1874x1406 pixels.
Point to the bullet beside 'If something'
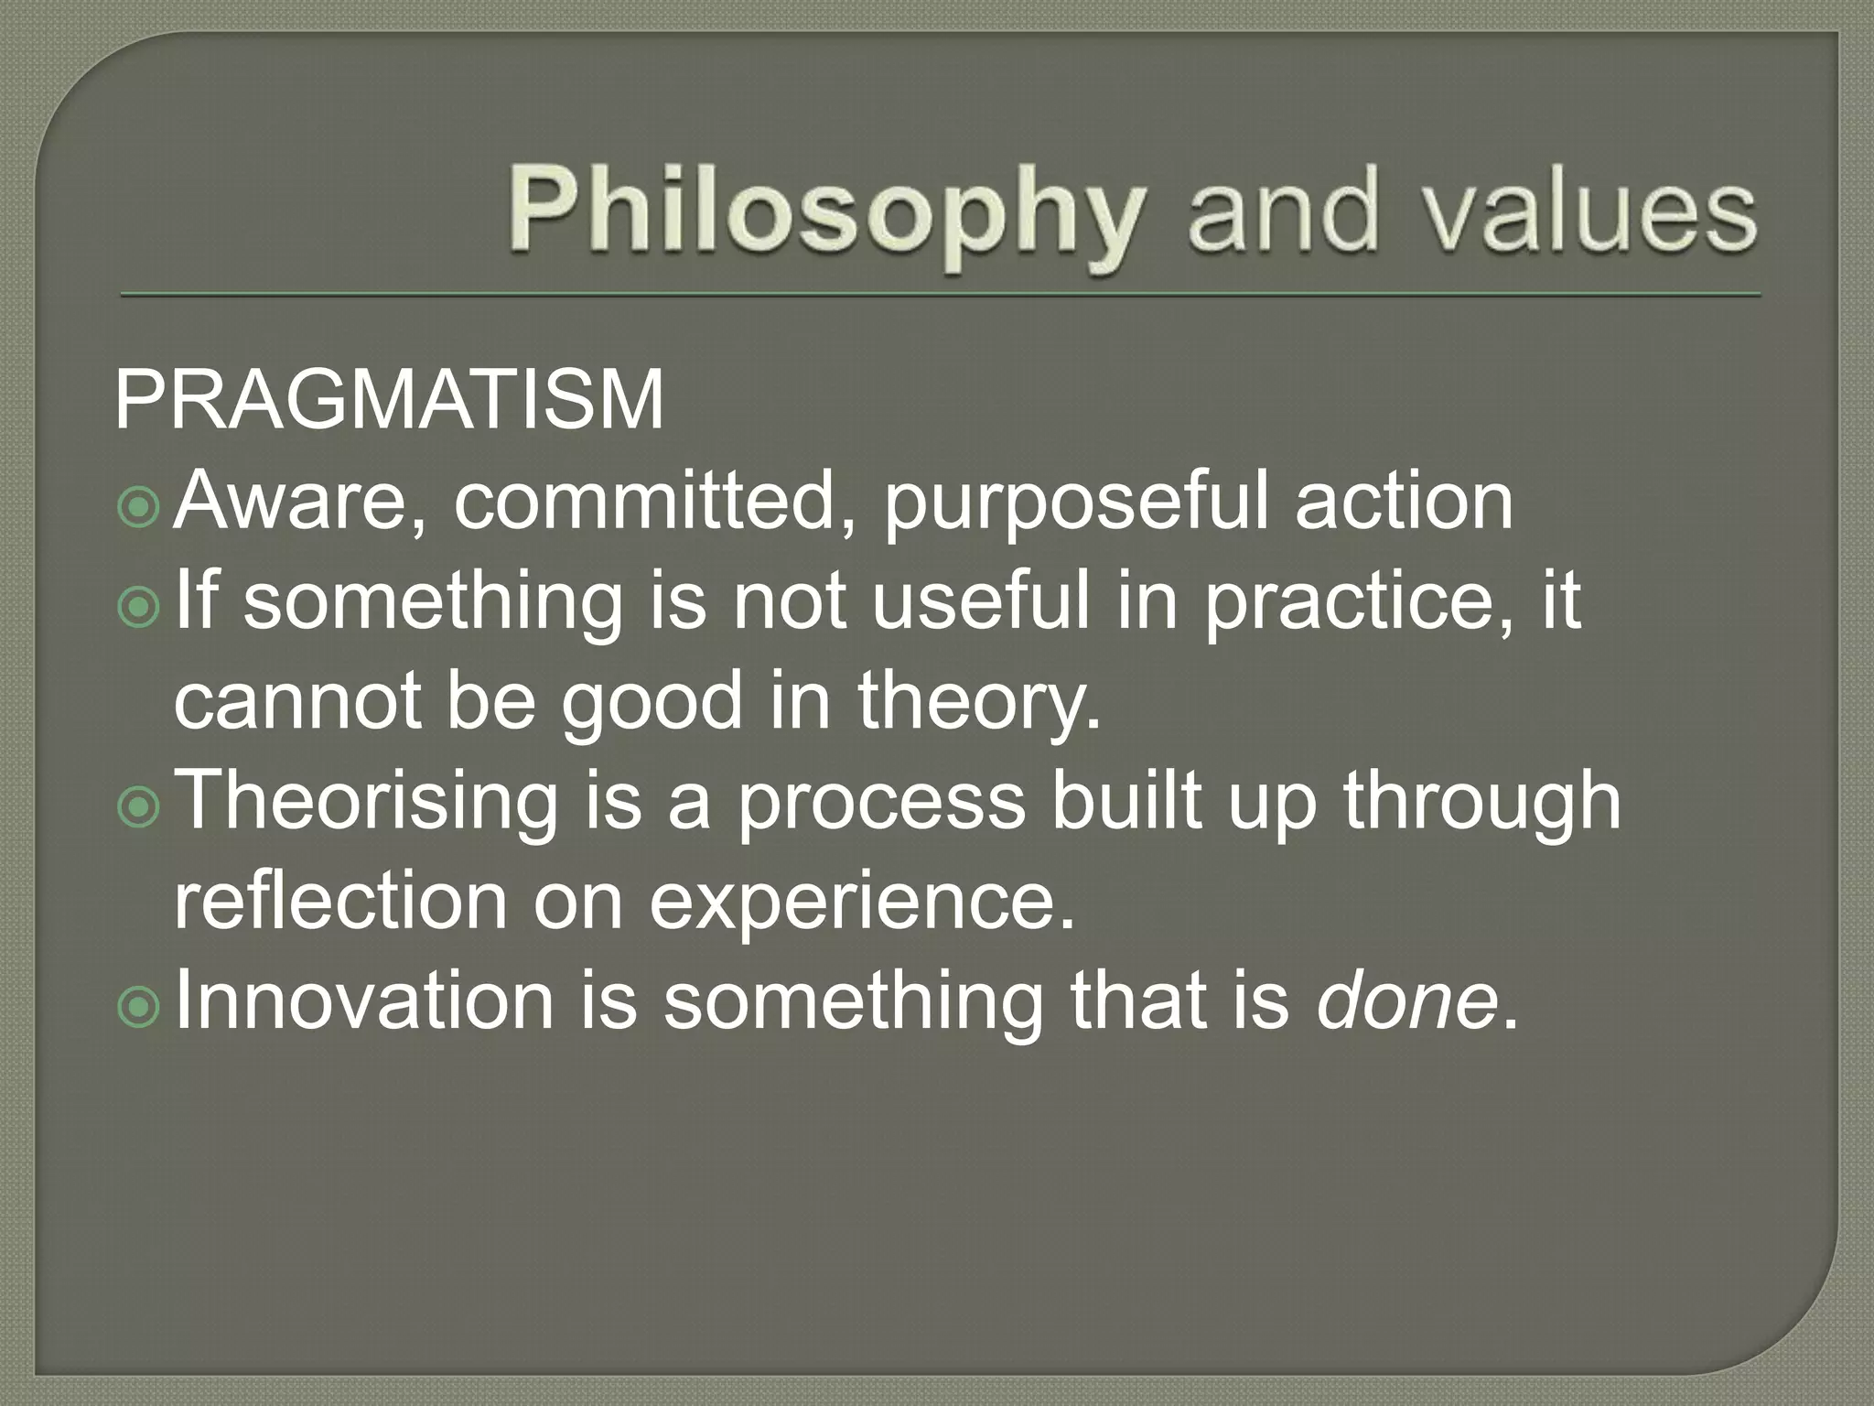click(139, 607)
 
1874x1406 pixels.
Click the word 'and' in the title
click(1281, 212)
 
